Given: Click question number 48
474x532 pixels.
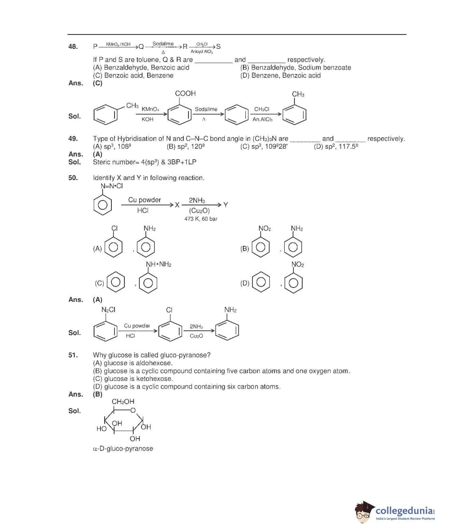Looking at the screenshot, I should [x=73, y=47].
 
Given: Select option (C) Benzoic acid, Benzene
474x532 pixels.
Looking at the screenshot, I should [x=134, y=75].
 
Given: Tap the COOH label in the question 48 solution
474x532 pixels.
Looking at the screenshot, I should [x=185, y=94].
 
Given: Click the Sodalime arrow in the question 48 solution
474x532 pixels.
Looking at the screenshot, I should [x=206, y=114].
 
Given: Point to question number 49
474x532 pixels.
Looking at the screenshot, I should [x=73, y=139].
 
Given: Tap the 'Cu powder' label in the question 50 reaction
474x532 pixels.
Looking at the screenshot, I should [x=144, y=200].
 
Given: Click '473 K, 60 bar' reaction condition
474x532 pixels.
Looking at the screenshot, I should [x=201, y=219].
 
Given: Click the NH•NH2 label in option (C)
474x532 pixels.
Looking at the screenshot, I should [x=158, y=264].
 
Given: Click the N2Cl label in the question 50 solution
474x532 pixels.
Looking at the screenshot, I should [x=108, y=310].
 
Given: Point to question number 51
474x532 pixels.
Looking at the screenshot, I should [x=73, y=355].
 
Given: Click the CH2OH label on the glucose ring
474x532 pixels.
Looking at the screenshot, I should [x=123, y=402].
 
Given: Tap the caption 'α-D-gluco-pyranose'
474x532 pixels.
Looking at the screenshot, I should [x=123, y=449].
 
